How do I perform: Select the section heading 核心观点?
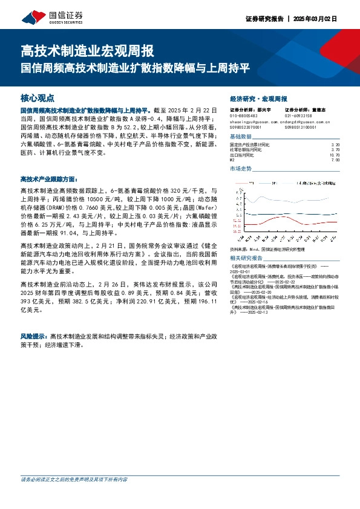[x=38, y=97]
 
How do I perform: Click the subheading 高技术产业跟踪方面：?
[x=48, y=180]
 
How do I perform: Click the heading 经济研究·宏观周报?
[x=259, y=98]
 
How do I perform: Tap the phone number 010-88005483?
[x=244, y=115]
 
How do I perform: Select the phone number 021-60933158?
[x=298, y=115]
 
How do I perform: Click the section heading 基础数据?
[x=241, y=137]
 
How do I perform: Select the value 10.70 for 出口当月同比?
[x=335, y=155]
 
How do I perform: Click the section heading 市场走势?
[x=241, y=169]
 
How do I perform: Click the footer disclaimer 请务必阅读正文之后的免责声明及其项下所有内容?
[x=74, y=479]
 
